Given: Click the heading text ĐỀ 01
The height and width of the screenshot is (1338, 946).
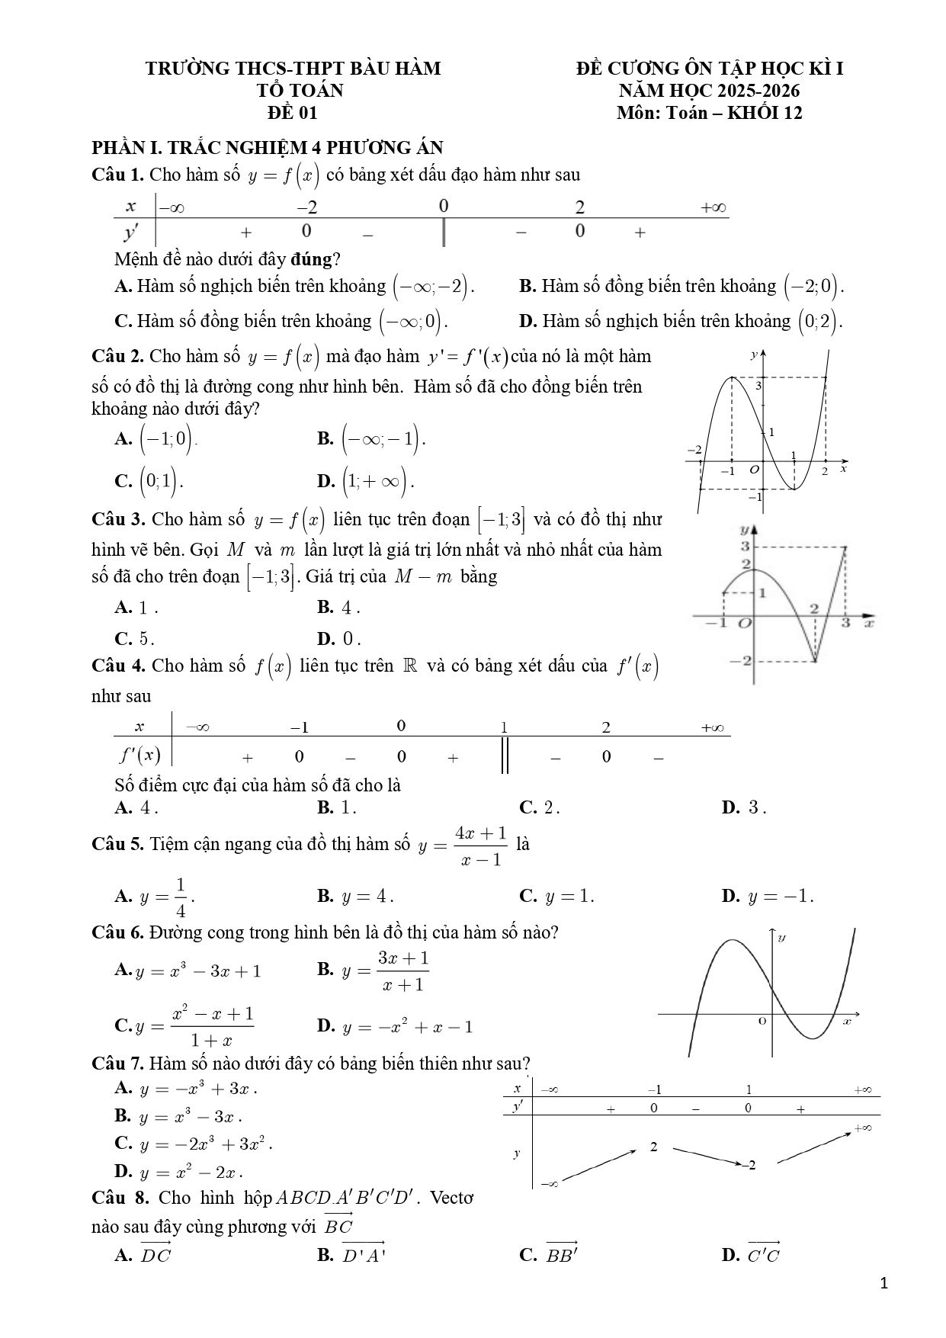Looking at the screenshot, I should click(x=292, y=113).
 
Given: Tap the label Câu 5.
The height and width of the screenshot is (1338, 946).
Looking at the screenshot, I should click(x=117, y=844).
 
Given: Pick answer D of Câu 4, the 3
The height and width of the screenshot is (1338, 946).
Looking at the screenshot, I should click(x=753, y=807).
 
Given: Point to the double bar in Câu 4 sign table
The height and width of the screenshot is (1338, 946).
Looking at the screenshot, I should click(x=504, y=757).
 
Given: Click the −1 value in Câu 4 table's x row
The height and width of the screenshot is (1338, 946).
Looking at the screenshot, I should click(x=299, y=727).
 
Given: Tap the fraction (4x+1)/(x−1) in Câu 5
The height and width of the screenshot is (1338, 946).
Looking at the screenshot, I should click(x=480, y=845).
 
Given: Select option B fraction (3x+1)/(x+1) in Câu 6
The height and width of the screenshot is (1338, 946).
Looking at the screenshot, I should click(x=403, y=971).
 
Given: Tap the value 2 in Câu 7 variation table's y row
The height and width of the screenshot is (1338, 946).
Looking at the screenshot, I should click(x=654, y=1147).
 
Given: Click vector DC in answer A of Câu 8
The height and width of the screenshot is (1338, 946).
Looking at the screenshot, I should click(x=156, y=1254).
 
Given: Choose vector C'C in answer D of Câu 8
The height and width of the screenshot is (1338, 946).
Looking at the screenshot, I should click(x=763, y=1254).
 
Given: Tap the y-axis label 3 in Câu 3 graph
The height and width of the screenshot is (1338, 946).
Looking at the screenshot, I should click(x=746, y=547).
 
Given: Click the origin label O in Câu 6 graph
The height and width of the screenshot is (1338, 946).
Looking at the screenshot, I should click(x=762, y=1020).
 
